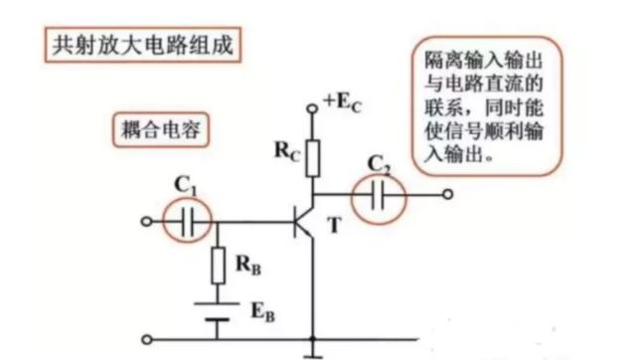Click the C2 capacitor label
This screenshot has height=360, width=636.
pos(378,163)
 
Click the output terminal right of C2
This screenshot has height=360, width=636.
pos(447,195)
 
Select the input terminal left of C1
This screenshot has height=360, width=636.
pos(146,222)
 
